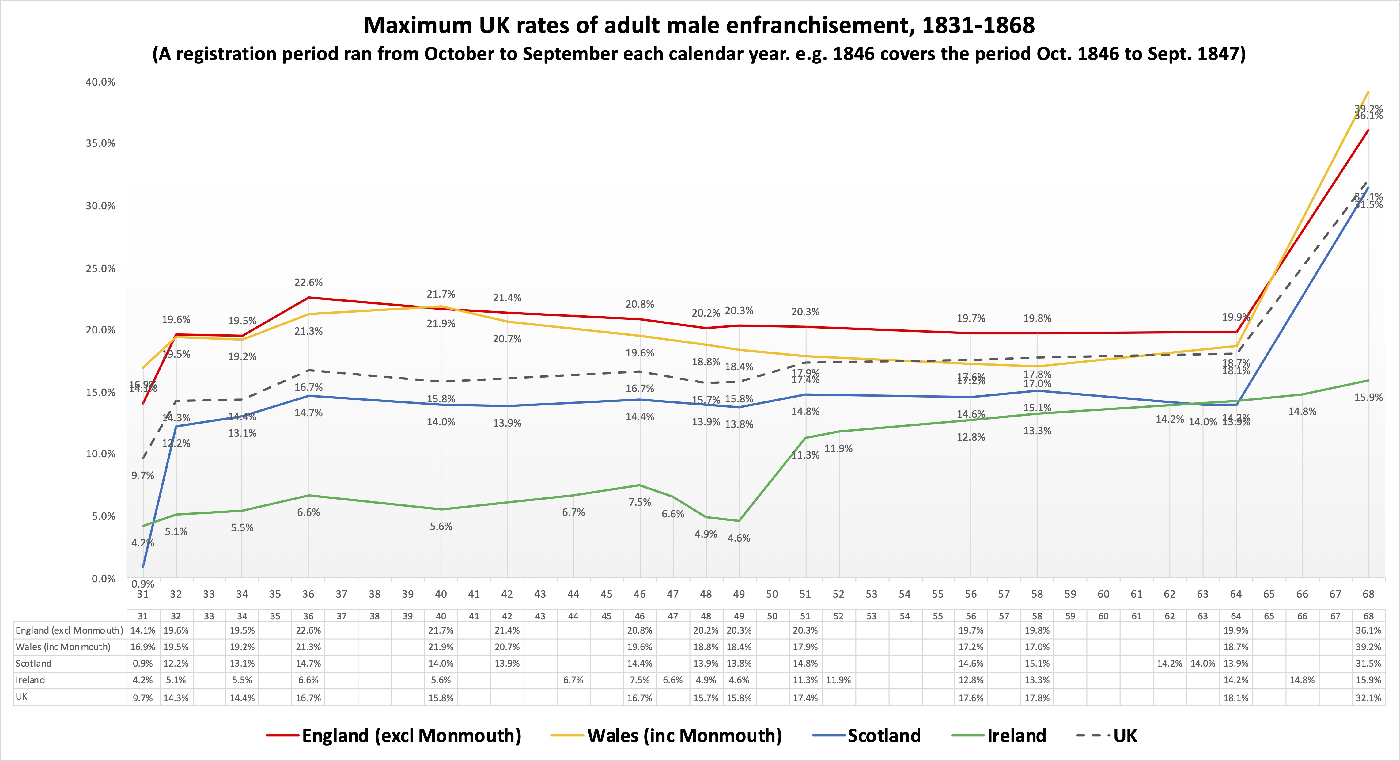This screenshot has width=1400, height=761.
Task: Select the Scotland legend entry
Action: (884, 736)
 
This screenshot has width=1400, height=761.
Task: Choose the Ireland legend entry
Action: (1016, 736)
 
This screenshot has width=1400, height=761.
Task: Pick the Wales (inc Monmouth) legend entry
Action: (684, 736)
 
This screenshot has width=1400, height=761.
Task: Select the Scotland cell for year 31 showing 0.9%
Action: (143, 664)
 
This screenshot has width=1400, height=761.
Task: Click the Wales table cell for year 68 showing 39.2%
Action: (1368, 647)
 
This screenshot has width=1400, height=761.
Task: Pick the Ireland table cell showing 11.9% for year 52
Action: (838, 680)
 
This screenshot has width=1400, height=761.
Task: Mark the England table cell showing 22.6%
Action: (308, 630)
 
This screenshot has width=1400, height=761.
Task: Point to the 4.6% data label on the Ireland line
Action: (739, 538)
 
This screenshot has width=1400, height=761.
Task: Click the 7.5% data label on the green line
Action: (640, 502)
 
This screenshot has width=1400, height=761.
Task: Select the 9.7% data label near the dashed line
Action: (143, 476)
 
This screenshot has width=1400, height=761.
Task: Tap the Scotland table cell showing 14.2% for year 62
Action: (1170, 664)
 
